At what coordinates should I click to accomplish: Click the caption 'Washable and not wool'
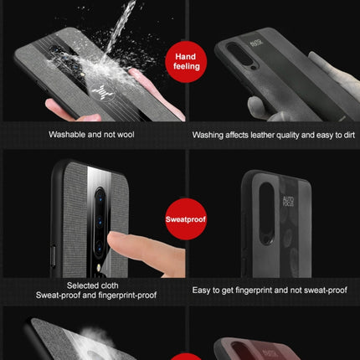pyautogui.click(x=91, y=134)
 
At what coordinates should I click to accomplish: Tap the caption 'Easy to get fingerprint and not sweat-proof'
pyautogui.click(x=270, y=290)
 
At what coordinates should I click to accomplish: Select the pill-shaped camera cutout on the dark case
pyautogui.click(x=268, y=222)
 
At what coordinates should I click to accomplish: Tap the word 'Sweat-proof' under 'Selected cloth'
pyautogui.click(x=58, y=295)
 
